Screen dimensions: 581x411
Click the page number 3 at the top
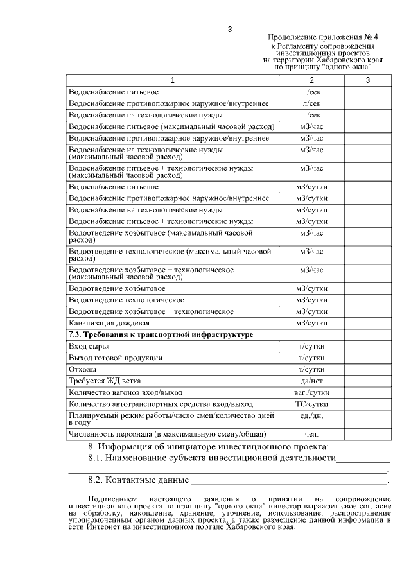(x=229, y=29)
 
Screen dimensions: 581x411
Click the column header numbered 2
(x=311, y=80)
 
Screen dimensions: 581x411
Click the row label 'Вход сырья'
(x=88, y=346)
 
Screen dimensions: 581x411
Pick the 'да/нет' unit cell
(x=311, y=381)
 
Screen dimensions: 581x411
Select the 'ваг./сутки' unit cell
(x=311, y=392)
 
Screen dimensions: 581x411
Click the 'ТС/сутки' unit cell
(x=311, y=404)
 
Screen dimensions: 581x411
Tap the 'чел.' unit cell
(x=311, y=435)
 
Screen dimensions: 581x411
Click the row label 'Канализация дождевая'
(x=109, y=322)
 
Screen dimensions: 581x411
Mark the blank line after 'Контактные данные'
(x=289, y=480)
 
